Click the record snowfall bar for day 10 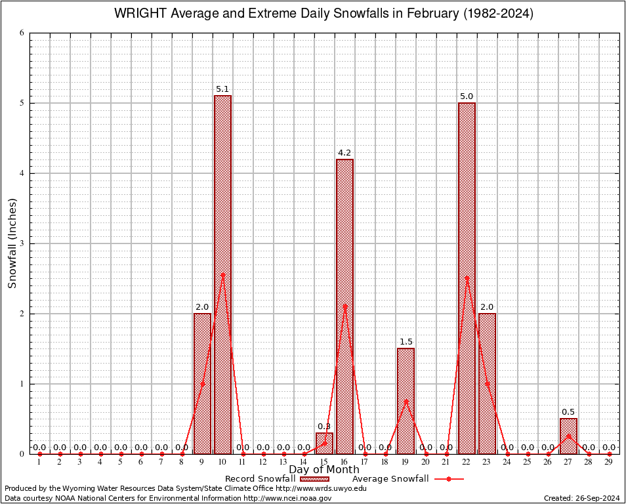point(222,197)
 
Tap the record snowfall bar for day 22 point(467,197)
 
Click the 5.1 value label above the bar point(222,89)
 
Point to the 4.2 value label point(344,153)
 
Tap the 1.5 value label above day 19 point(406,342)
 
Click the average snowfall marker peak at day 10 point(222,275)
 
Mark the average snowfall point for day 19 point(406,401)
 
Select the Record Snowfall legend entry point(276,479)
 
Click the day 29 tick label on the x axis point(609,463)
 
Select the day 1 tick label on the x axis point(39,463)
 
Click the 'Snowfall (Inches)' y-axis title point(12,243)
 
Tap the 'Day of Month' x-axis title point(324,470)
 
